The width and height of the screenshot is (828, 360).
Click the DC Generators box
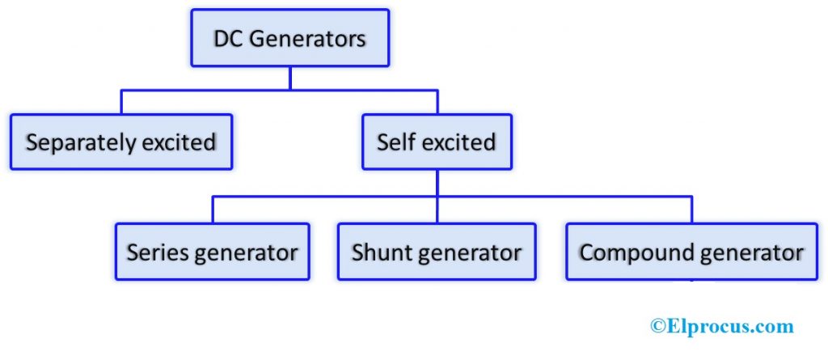pyautogui.click(x=289, y=38)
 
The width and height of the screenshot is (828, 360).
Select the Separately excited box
pyautogui.click(x=121, y=142)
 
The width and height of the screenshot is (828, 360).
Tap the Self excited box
pyautogui.click(x=437, y=142)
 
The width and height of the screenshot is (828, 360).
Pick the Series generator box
pyautogui.click(x=212, y=252)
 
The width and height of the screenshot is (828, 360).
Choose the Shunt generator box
pyautogui.click(x=437, y=252)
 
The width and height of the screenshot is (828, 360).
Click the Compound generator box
pyautogui.click(x=691, y=252)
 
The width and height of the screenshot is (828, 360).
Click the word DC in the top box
pyautogui.click(x=229, y=38)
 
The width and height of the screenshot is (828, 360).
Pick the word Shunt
pyautogui.click(x=381, y=252)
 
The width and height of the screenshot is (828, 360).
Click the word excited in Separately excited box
pyautogui.click(x=179, y=142)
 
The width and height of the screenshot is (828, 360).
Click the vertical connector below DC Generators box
pyautogui.click(x=289, y=78)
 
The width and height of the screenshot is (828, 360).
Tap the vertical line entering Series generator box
pyautogui.click(x=213, y=210)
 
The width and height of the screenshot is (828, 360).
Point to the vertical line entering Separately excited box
pyautogui.click(x=121, y=101)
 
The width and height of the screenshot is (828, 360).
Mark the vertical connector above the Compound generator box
pyautogui.click(x=691, y=210)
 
